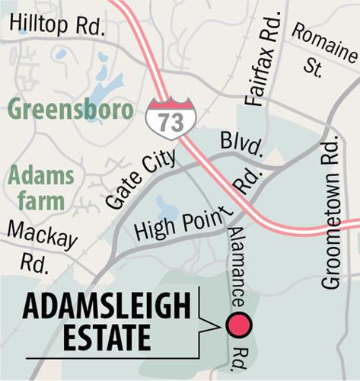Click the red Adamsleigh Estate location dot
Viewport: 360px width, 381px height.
pos(238,325)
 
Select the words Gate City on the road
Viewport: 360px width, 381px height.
pos(140,179)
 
